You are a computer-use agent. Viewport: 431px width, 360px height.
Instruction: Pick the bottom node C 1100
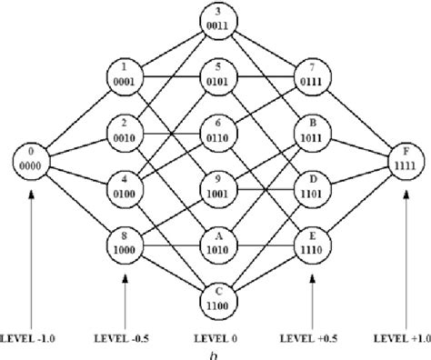pos(215,304)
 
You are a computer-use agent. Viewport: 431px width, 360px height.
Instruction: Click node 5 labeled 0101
pos(215,74)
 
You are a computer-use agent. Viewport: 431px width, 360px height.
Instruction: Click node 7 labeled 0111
pos(307,74)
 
